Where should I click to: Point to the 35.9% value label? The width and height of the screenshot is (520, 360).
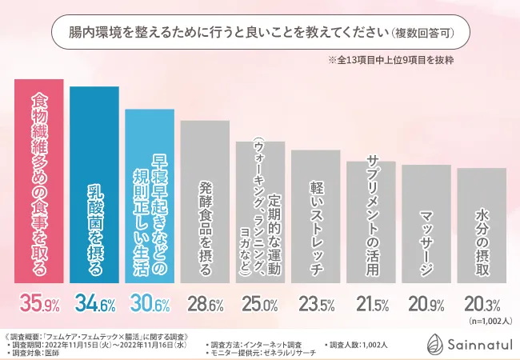pos(39,303)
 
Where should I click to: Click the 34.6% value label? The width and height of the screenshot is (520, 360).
pos(94,303)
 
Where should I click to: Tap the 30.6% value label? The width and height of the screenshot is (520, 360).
pos(150,303)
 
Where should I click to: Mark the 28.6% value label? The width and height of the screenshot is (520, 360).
pos(205,304)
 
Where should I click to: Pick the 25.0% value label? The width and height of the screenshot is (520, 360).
pos(260,304)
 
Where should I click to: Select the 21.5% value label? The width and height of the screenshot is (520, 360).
pos(370,304)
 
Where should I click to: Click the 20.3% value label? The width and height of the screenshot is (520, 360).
pos(481,304)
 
